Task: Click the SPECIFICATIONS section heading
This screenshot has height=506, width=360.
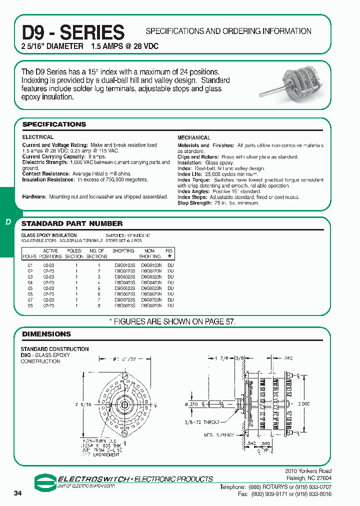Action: tap(54, 124)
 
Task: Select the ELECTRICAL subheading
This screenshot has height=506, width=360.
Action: tap(37, 137)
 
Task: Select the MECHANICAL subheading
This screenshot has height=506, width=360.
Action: tap(194, 137)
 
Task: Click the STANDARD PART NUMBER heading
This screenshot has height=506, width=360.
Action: tap(72, 223)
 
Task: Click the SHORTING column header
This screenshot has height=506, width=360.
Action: tap(123, 251)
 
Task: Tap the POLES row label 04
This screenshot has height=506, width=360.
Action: tap(29, 282)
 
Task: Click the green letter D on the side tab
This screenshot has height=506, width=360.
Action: tap(8, 221)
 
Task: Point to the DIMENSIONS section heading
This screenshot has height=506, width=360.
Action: tap(46, 334)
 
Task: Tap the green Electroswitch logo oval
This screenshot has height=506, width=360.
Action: tap(46, 481)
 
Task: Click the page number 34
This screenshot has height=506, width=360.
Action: tap(18, 493)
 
